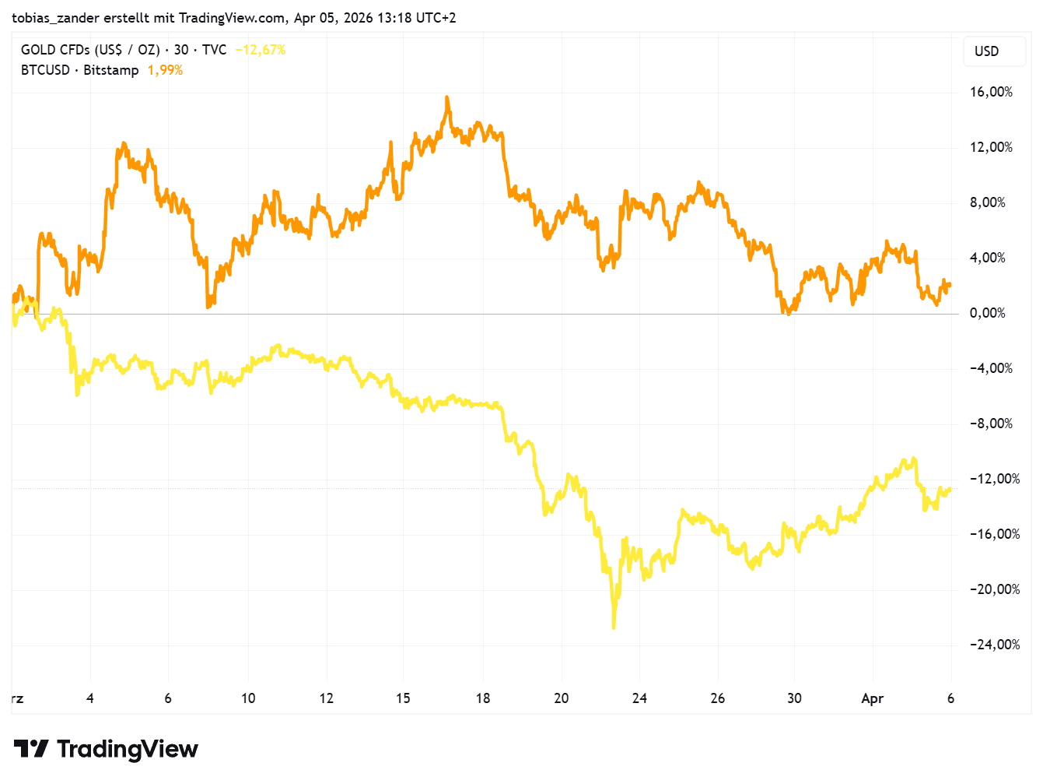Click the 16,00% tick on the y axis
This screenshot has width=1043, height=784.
click(x=991, y=92)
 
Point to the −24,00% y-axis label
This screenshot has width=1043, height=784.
click(x=994, y=645)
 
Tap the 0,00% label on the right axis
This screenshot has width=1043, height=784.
click(x=987, y=313)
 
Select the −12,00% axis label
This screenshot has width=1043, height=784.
click(x=994, y=479)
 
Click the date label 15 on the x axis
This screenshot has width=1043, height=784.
click(x=403, y=698)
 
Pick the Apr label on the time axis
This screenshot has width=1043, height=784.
click(x=872, y=698)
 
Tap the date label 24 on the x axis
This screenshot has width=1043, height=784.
click(x=639, y=698)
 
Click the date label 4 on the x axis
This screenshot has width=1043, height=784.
click(x=90, y=698)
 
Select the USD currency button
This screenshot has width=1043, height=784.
click(x=986, y=51)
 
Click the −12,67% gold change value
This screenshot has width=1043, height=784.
click(x=261, y=50)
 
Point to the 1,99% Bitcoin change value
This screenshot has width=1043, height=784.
click(x=165, y=70)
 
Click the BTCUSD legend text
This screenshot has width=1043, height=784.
click(x=45, y=70)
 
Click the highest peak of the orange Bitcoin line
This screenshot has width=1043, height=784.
click(x=447, y=98)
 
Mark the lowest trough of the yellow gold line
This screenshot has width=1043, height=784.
click(x=614, y=627)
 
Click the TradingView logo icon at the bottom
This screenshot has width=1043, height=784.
click(x=31, y=749)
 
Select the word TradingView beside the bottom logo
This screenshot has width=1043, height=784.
click(x=128, y=749)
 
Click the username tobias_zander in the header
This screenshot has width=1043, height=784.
click(x=55, y=17)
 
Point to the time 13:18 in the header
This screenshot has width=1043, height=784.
click(x=394, y=17)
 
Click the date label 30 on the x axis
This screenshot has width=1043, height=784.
click(x=794, y=698)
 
